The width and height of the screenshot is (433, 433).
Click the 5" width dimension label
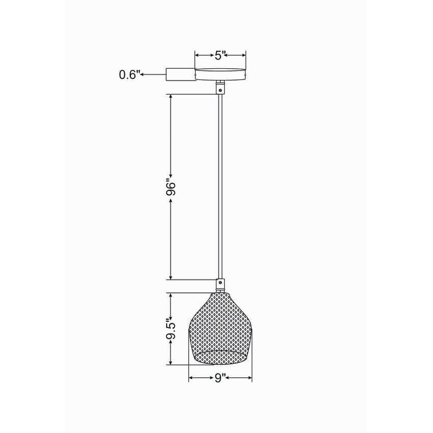[221, 55]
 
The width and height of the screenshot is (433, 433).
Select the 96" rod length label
[170, 189]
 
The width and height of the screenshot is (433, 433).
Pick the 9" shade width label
[220, 378]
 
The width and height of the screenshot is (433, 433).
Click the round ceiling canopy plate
[220, 74]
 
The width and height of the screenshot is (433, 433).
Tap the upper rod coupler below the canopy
[220, 87]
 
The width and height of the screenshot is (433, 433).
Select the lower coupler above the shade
[220, 285]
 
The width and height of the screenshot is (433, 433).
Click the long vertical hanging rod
[220, 186]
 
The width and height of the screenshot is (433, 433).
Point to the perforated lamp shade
[220, 329]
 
